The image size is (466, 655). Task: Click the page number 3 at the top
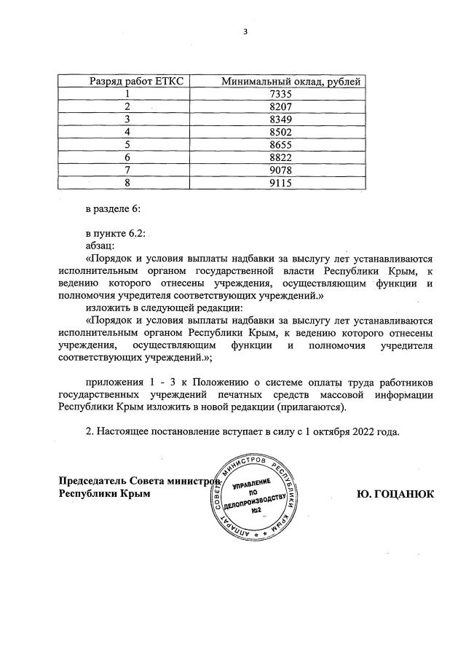pos(245,32)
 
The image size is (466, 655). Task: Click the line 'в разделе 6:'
pos(113,209)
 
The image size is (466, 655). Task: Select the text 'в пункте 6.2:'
pos(116,235)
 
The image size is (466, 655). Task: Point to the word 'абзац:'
pos(100,247)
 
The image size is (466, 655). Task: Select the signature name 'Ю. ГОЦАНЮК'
pos(395,494)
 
